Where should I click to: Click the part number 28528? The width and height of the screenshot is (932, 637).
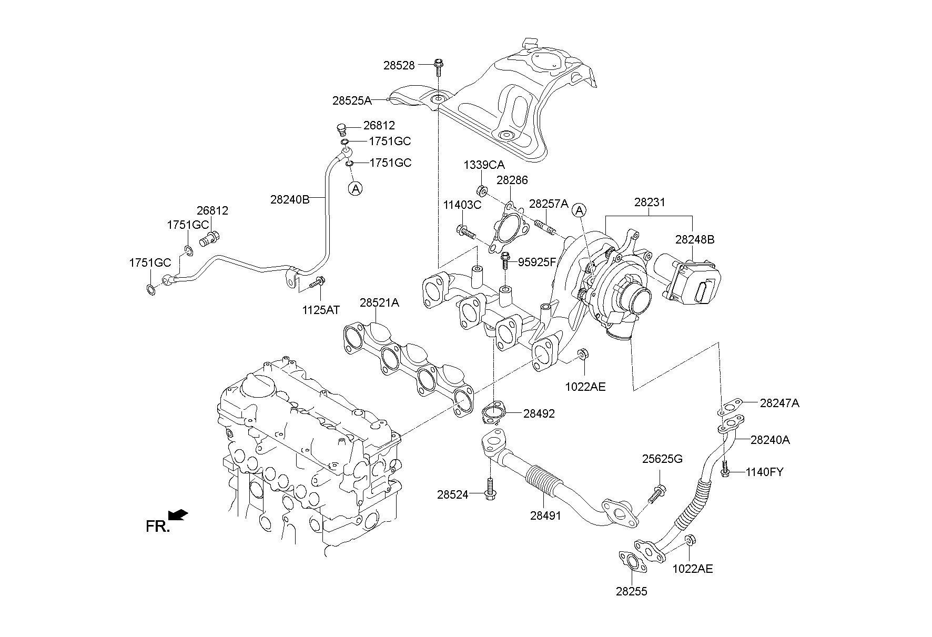coord(399,65)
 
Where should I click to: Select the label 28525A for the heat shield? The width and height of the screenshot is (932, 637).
coord(352,100)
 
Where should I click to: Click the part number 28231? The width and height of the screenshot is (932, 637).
coord(650,202)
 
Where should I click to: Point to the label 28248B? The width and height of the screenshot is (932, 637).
coord(695,239)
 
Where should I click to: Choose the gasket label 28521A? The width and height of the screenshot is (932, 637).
coord(379,303)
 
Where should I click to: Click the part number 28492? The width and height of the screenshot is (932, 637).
coord(539,413)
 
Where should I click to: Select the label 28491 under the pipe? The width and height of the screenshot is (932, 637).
coord(546,516)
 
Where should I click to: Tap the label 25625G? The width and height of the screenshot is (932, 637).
coord(662,459)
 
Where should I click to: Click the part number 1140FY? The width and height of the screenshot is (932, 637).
coord(764,472)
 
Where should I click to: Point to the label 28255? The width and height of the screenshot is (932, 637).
coord(632,591)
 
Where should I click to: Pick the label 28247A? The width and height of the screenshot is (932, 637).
coord(779,403)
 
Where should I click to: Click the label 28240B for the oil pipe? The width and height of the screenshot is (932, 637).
coord(290,199)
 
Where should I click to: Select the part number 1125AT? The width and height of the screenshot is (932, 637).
coord(321,310)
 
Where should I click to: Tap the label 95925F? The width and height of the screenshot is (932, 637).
coord(537,262)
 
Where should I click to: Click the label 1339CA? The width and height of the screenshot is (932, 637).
coord(484,165)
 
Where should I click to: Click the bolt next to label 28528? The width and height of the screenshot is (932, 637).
coord(438,66)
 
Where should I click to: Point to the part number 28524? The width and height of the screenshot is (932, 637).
coord(452,494)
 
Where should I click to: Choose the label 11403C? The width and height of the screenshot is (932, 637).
coord(462,205)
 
